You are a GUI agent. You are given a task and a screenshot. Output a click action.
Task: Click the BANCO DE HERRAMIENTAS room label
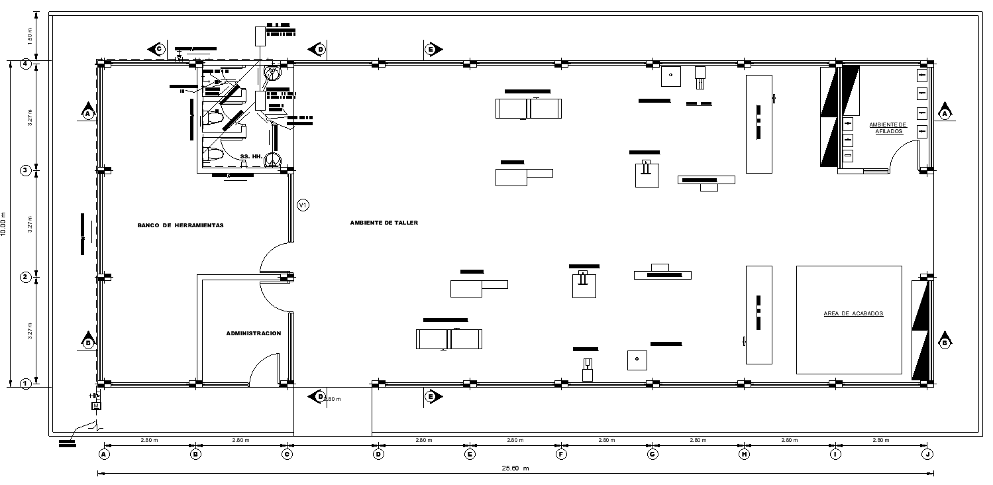click(180, 225)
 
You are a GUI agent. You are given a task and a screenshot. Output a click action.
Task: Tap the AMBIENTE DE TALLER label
click(384, 223)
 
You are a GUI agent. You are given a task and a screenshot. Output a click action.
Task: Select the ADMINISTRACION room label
click(254, 333)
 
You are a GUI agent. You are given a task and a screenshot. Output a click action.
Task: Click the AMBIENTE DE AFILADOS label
click(888, 128)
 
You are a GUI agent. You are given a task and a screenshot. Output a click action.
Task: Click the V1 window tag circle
click(303, 205)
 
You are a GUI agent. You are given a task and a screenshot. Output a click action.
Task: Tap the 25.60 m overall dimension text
click(515, 468)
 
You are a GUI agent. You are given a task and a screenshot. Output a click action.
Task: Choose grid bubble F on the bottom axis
click(561, 454)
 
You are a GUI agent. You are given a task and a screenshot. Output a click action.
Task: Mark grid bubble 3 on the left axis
click(26, 170)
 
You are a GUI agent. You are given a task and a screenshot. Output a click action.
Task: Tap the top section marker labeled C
click(158, 49)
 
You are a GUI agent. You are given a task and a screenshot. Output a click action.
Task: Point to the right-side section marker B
click(945, 343)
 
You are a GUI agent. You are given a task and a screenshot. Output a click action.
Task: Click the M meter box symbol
click(95, 405)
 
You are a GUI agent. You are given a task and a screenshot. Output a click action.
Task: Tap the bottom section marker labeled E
click(431, 396)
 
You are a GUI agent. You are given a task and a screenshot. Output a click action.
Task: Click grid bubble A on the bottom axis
click(103, 454)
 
